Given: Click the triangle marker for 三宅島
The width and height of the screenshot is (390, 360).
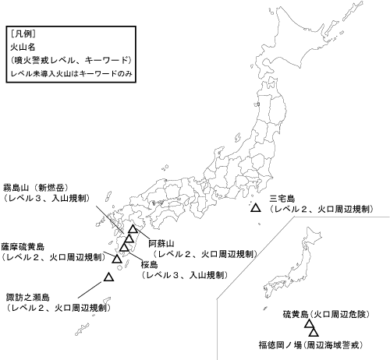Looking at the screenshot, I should tap(254, 208).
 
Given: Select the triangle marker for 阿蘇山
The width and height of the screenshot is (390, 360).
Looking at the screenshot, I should tap(133, 231).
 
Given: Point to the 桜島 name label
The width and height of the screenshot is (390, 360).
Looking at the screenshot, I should tap(150, 265).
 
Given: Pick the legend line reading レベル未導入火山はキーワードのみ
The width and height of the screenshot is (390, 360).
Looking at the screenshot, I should tap(68, 73).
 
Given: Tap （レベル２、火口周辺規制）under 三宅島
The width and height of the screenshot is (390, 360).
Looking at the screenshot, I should tap(319, 210).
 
